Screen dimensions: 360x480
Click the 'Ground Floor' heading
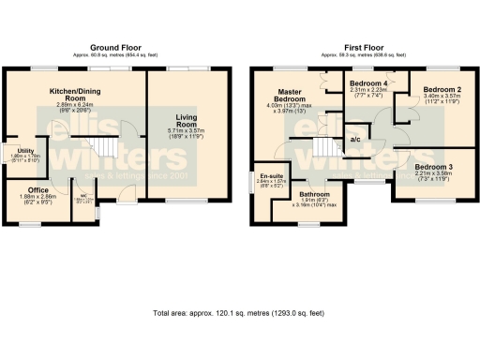[x=115, y=46]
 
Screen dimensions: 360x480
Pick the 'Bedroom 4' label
[x=367, y=83]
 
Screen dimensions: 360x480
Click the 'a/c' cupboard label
[x=355, y=140]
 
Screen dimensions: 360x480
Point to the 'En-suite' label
[x=271, y=176]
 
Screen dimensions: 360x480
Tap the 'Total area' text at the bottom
[x=239, y=312]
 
